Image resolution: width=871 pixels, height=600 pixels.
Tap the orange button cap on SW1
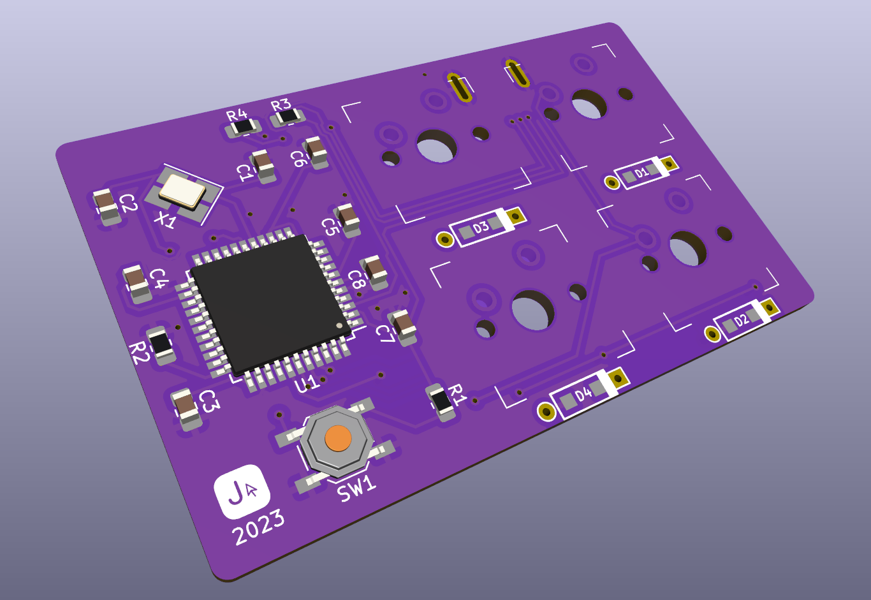click(338, 438)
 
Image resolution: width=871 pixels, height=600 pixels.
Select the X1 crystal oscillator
click(182, 191)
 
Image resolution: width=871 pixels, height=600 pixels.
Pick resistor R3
click(288, 117)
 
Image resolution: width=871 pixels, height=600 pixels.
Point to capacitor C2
click(107, 205)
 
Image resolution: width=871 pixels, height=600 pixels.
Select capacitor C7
click(403, 326)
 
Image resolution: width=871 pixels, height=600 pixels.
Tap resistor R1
click(441, 401)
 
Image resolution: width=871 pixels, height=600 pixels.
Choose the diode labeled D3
click(481, 228)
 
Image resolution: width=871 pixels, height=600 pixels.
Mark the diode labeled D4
click(583, 396)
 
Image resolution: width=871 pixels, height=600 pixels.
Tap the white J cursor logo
click(242, 491)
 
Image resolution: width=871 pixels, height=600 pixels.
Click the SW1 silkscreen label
click(356, 489)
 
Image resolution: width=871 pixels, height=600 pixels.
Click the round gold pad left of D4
click(546, 411)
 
